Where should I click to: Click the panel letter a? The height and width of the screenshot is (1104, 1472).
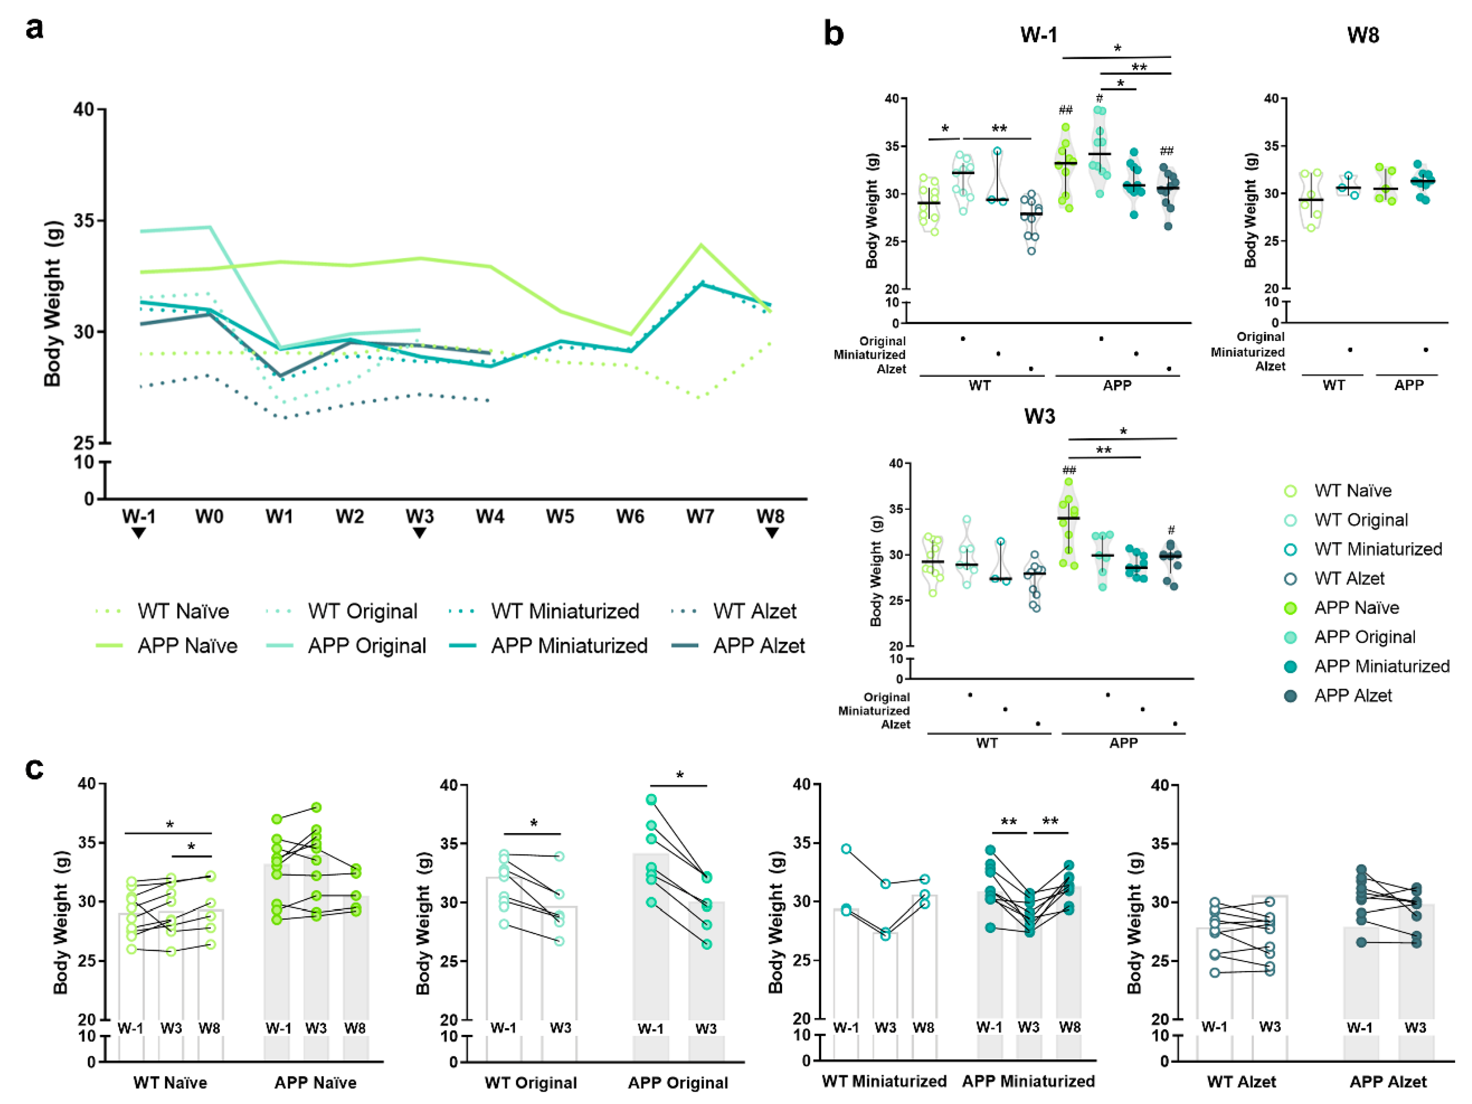click(35, 29)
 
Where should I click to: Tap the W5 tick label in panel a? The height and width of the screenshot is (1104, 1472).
click(560, 516)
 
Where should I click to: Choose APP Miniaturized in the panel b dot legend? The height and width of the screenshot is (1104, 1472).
click(1381, 666)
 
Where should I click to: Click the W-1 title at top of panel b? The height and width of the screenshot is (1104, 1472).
click(1038, 35)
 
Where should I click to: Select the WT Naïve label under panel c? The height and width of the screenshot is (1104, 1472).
click(170, 1083)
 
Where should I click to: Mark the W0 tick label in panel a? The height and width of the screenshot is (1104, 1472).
click(209, 516)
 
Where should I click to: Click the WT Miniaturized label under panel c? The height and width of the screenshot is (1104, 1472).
click(884, 1081)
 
